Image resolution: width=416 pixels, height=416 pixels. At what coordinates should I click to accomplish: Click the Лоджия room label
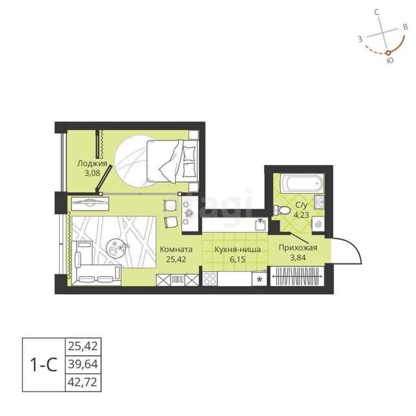click(x=92, y=163)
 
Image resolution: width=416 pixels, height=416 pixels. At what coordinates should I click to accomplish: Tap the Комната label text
click(x=176, y=250)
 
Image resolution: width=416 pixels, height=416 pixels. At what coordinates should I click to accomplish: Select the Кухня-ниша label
click(x=237, y=250)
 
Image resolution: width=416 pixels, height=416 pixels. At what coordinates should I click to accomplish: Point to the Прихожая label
click(x=298, y=248)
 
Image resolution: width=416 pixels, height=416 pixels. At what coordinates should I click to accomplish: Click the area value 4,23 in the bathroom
click(x=301, y=214)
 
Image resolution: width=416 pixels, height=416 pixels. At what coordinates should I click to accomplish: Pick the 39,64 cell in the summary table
click(x=83, y=364)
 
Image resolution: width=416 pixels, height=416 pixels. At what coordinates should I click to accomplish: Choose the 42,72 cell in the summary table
click(x=83, y=382)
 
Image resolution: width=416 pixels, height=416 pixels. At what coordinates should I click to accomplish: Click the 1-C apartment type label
click(x=44, y=365)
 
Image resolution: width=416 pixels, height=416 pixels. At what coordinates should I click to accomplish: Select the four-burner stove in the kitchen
click(x=210, y=279)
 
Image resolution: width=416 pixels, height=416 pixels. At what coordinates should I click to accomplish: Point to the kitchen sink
click(x=260, y=225)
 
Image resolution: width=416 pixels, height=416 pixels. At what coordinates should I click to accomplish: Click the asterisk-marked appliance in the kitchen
click(x=260, y=279)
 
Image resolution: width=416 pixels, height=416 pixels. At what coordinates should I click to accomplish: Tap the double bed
click(x=172, y=161)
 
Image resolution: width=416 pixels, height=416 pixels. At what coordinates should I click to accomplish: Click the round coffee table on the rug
click(x=114, y=248)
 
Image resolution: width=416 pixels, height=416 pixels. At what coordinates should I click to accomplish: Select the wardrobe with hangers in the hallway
click(x=297, y=276)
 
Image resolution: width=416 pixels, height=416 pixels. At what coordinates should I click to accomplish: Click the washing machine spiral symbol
click(x=318, y=224)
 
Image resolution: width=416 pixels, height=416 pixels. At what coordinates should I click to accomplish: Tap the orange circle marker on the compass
click(x=388, y=53)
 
